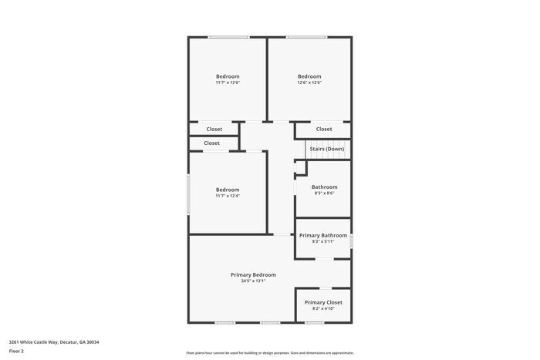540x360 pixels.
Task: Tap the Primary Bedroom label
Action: pos(253,274)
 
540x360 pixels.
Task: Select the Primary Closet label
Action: pos(323,302)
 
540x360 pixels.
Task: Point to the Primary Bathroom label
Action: pos(323,235)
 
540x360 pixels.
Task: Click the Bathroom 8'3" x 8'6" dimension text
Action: pos(324,193)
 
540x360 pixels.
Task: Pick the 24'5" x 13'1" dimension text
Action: pos(253,281)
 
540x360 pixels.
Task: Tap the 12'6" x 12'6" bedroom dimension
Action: pos(309,82)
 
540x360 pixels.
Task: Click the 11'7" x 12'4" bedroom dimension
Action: pos(228,196)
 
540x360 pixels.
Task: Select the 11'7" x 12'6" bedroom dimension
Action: pos(228,82)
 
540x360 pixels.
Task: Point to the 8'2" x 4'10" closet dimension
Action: pos(323,308)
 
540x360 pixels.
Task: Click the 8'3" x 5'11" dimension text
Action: pos(323,241)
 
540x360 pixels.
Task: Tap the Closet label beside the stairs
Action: pos(324,129)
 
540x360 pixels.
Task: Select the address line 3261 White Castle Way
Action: pos(54,341)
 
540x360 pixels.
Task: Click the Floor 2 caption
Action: pos(16,351)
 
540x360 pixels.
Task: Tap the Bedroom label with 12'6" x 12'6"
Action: pos(309,76)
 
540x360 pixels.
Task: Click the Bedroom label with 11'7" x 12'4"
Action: pos(228,190)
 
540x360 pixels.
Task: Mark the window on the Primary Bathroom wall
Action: pos(352,241)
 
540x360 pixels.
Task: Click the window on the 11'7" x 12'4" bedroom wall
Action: pos(188,194)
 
